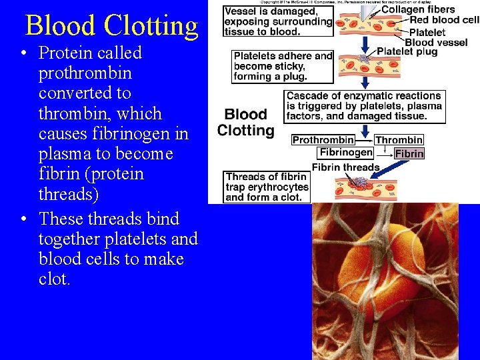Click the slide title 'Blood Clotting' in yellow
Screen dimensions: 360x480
point(111,25)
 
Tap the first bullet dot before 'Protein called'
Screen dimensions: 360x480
point(24,53)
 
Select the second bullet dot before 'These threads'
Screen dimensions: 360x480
point(24,219)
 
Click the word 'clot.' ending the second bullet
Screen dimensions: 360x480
point(54,279)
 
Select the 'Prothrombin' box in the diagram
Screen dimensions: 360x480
point(323,140)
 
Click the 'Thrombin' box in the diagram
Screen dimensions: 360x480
point(399,140)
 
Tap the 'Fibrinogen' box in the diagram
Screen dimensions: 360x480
point(346,153)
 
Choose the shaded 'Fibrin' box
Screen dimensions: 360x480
point(409,153)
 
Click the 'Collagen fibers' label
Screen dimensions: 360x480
point(418,10)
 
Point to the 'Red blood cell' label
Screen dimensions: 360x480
point(444,21)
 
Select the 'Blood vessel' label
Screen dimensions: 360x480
point(436,42)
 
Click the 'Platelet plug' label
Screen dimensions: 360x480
point(407,51)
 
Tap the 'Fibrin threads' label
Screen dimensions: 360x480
point(345,167)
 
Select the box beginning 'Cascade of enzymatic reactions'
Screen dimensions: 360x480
point(365,106)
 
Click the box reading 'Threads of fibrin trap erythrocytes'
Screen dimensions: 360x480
point(267,187)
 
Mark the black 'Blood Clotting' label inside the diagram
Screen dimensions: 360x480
point(245,123)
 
